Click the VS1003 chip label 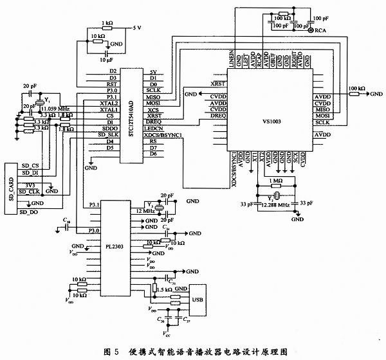click(x=272, y=120)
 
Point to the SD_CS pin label click(x=30, y=165)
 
